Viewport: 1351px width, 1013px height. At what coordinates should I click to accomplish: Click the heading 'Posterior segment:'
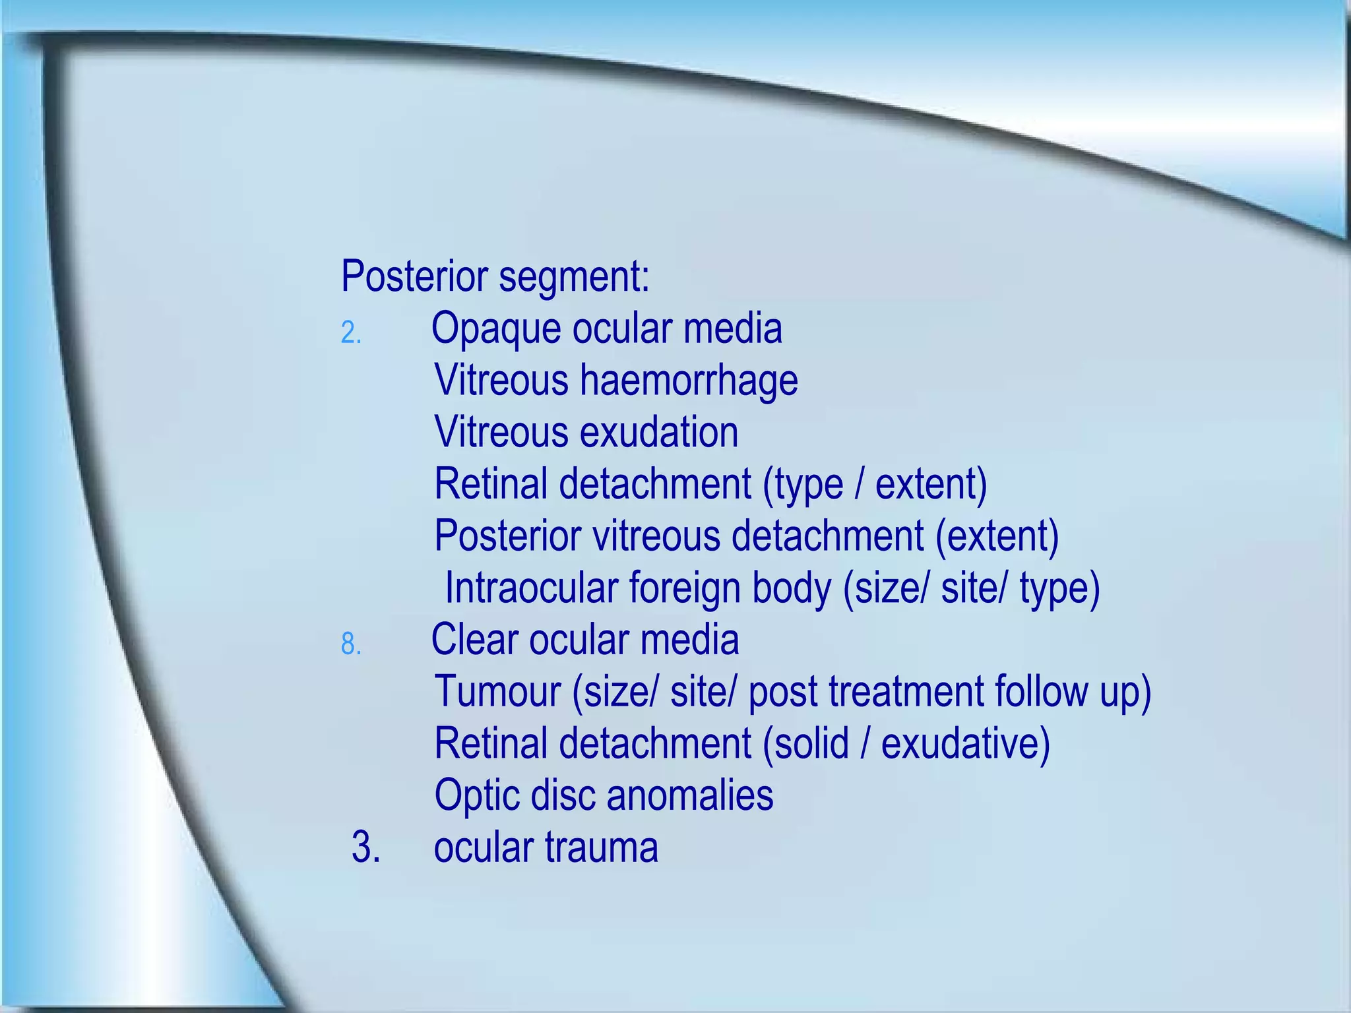[495, 276]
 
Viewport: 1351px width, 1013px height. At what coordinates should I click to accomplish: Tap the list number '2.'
[351, 332]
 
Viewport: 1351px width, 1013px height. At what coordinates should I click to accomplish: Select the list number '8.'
[351, 644]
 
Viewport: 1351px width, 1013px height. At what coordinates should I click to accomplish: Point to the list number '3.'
[366, 847]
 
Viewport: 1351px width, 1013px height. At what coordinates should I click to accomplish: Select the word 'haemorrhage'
[689, 381]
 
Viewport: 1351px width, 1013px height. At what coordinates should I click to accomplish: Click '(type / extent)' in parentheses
[875, 484]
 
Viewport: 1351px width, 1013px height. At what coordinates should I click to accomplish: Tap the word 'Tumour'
[497, 691]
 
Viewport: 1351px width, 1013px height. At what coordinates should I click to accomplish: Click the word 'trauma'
[601, 847]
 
